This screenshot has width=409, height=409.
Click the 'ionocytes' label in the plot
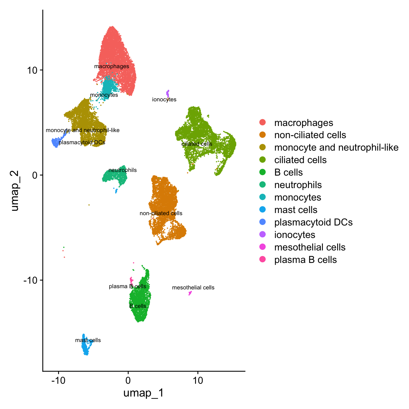[x=164, y=100]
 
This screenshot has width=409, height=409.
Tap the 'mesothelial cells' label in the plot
[x=193, y=288]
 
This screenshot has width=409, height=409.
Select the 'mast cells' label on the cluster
[x=88, y=340]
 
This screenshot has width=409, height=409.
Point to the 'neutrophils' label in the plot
[x=122, y=170]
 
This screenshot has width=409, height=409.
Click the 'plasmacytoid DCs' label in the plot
[x=82, y=142]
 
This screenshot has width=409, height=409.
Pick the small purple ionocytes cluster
[x=168, y=93]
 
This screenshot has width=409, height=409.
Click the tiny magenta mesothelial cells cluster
[x=190, y=293]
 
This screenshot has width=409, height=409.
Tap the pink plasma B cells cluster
[x=131, y=280]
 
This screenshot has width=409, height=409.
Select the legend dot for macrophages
[x=262, y=122]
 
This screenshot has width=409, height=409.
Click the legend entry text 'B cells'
[x=288, y=173]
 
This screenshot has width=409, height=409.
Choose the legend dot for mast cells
[x=262, y=210]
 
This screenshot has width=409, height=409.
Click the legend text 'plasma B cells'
[x=305, y=260]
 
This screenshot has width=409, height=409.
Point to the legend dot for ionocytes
[x=262, y=235]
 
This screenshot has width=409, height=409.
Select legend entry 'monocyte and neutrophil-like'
[x=336, y=148]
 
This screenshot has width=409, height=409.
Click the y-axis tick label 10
[x=32, y=70]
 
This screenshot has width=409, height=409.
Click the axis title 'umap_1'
[x=144, y=393]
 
